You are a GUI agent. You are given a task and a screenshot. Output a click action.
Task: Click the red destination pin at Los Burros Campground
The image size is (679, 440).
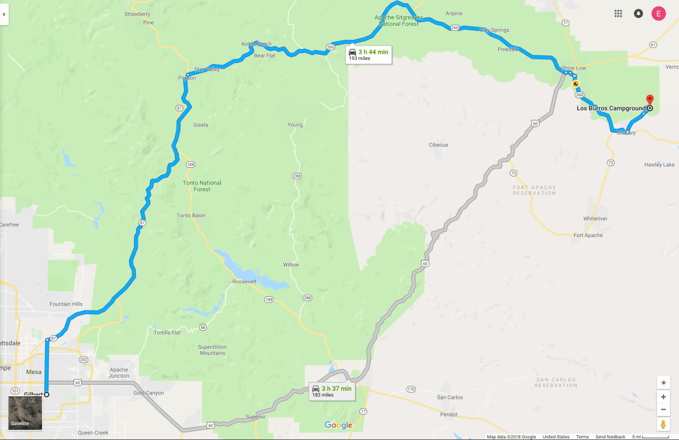[649, 100]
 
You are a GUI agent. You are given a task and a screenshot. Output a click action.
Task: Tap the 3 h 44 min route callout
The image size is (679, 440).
[368, 54]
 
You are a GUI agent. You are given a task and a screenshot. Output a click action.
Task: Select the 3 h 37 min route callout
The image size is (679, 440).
[332, 391]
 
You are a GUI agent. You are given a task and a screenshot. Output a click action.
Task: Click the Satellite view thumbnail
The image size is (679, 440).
[25, 412]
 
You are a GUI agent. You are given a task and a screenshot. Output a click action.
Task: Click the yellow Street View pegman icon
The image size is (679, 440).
[663, 424]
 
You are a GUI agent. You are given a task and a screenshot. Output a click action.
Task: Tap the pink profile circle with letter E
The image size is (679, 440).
[659, 14]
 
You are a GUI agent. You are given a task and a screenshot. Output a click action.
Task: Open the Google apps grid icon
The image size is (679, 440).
[618, 14]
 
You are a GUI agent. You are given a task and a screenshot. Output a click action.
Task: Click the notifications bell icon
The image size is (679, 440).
[638, 14]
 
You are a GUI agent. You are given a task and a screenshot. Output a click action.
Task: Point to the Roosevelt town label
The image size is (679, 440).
[244, 281]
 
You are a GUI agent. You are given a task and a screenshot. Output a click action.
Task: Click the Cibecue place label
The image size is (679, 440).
[438, 145]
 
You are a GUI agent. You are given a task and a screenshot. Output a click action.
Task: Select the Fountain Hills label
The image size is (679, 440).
[66, 304]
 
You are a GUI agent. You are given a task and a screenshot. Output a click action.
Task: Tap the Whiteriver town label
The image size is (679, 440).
[596, 218]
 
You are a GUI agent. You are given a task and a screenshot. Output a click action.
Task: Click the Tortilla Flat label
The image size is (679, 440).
[167, 333]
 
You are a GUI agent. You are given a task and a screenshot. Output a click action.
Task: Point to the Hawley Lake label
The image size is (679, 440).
[659, 165]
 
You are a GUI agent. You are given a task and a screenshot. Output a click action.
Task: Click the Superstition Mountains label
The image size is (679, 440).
[212, 350]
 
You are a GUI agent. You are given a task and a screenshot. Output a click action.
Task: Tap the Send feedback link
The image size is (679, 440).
[610, 437]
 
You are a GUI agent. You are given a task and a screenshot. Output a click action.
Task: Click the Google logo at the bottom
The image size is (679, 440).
[338, 425]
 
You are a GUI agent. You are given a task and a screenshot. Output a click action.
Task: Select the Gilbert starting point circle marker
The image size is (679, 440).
[46, 394]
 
